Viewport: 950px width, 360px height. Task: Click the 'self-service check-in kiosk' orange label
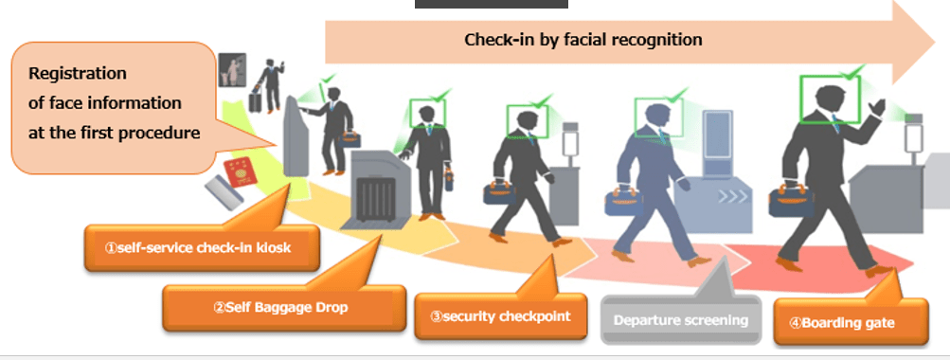(x=201, y=247)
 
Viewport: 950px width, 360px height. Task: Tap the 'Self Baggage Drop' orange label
(x=283, y=307)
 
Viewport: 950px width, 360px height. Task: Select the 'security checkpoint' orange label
(x=500, y=315)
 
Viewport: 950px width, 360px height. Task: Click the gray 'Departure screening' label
(x=680, y=319)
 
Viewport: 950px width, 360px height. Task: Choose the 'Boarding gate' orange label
(x=850, y=322)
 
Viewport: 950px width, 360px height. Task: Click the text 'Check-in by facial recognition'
(x=583, y=40)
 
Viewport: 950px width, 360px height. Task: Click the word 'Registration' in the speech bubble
(x=78, y=73)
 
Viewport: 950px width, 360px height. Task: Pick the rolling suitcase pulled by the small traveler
(x=255, y=100)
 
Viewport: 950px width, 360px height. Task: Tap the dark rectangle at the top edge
(x=492, y=4)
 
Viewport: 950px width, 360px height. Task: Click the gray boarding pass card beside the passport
(x=224, y=192)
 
